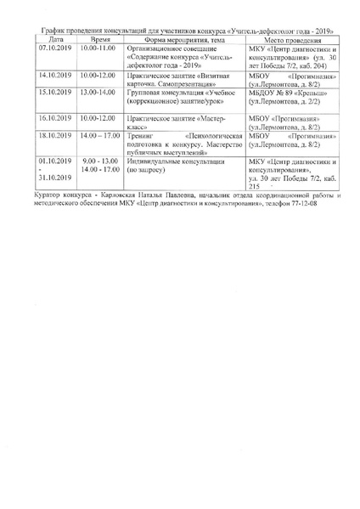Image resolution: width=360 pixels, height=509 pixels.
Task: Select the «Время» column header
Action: tap(100, 39)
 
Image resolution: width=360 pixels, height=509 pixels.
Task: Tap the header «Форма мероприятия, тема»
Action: tap(178, 39)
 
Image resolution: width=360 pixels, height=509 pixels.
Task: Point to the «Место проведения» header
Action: tap(292, 39)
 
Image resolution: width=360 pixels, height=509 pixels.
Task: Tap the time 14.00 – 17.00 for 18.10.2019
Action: tap(100, 135)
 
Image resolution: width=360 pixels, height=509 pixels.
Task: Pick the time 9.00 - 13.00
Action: tap(100, 160)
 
